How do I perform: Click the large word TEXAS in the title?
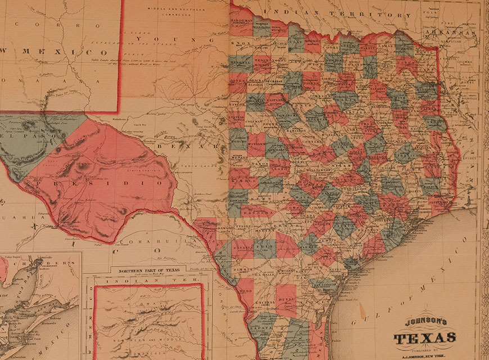[x=425, y=338]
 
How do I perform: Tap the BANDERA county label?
[x=258, y=214]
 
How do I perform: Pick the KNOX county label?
[x=240, y=42]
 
